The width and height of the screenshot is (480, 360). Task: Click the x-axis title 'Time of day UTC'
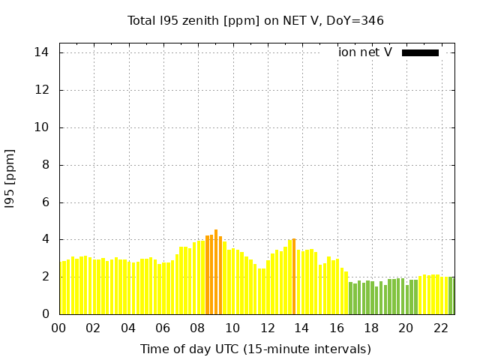pos(255,349)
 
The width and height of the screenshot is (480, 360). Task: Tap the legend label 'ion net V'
pos(365,52)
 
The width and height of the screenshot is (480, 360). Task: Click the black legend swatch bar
pos(420,52)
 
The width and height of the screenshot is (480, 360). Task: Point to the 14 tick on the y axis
pos(41,52)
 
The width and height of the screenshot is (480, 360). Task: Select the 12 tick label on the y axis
pos(41,90)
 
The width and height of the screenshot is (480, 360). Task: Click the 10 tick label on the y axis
pos(41,127)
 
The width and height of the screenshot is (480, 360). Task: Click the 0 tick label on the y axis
pos(45,314)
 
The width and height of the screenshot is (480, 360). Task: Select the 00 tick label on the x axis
pos(58,328)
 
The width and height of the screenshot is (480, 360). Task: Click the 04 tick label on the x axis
pos(128,328)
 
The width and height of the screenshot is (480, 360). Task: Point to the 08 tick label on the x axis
pos(198,328)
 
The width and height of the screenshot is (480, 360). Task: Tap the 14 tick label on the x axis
pos(302,328)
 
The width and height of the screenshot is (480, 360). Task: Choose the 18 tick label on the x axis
pos(371,328)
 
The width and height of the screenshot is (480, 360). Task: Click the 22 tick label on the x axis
pos(441,328)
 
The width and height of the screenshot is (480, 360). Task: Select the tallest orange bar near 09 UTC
pos(216,271)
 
